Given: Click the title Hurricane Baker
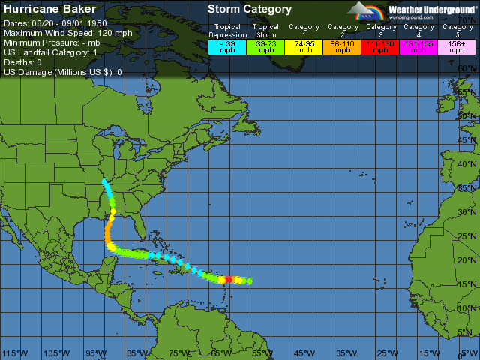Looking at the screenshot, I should pos(50,10).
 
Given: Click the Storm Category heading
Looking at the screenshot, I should pos(250,10).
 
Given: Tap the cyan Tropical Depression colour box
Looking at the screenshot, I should pos(227,46).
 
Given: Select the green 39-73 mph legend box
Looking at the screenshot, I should pos(266,46).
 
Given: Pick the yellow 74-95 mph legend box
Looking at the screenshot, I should pos(304,46).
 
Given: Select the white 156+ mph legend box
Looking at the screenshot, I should pos(457,46).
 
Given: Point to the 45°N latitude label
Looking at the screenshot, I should pos(467,140).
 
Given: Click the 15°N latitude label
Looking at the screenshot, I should pos(467,284).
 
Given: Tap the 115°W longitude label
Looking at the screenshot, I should pos(15,352).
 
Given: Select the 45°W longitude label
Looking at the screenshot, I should pos(304,352).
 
